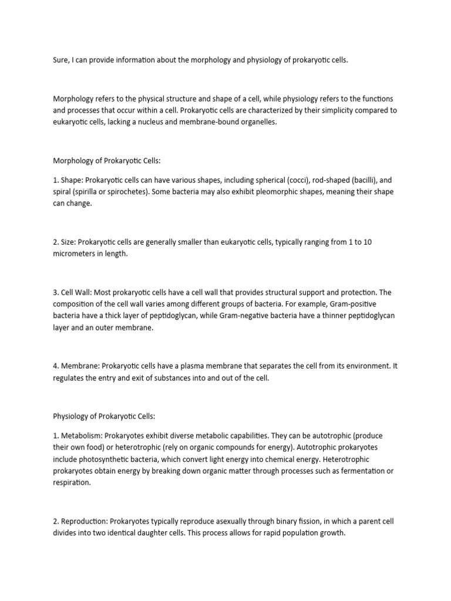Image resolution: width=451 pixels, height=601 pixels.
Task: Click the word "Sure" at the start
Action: coord(61,60)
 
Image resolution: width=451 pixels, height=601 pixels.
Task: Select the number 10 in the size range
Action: coord(366,242)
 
